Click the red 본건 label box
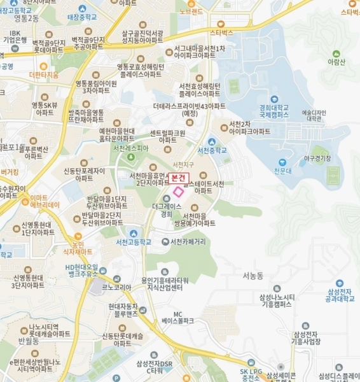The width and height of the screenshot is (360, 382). coord(179,179)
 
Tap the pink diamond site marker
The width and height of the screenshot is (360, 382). coord(179,191)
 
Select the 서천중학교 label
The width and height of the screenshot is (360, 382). coord(212,150)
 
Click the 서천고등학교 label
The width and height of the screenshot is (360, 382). coord(133,242)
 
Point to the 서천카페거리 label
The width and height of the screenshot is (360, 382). coord(188,242)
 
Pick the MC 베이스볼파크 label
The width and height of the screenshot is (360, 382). coord(177,317)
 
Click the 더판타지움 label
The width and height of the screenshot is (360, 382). coord(44,74)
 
